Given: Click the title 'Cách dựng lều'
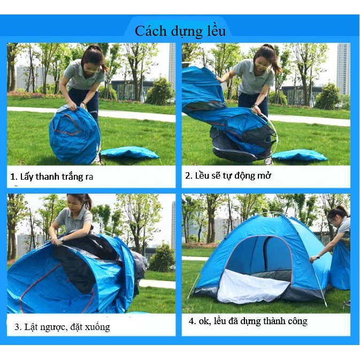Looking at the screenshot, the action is [180, 31].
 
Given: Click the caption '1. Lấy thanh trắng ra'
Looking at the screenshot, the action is [52, 177].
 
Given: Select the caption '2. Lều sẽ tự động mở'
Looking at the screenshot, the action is [228, 175].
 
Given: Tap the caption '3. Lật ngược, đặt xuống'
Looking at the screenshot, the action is [63, 327].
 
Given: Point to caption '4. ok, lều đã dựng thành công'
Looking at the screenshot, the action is [248, 321].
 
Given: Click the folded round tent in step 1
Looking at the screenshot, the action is [74, 134].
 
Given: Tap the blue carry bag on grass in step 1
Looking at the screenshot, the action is [130, 152].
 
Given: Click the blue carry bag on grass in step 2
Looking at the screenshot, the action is [300, 155].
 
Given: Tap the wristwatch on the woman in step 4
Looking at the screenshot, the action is [318, 257].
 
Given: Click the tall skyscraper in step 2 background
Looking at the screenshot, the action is [343, 68].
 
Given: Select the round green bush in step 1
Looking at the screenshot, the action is [160, 92].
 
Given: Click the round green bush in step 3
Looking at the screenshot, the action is [162, 258].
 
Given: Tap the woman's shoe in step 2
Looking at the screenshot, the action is [269, 161].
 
